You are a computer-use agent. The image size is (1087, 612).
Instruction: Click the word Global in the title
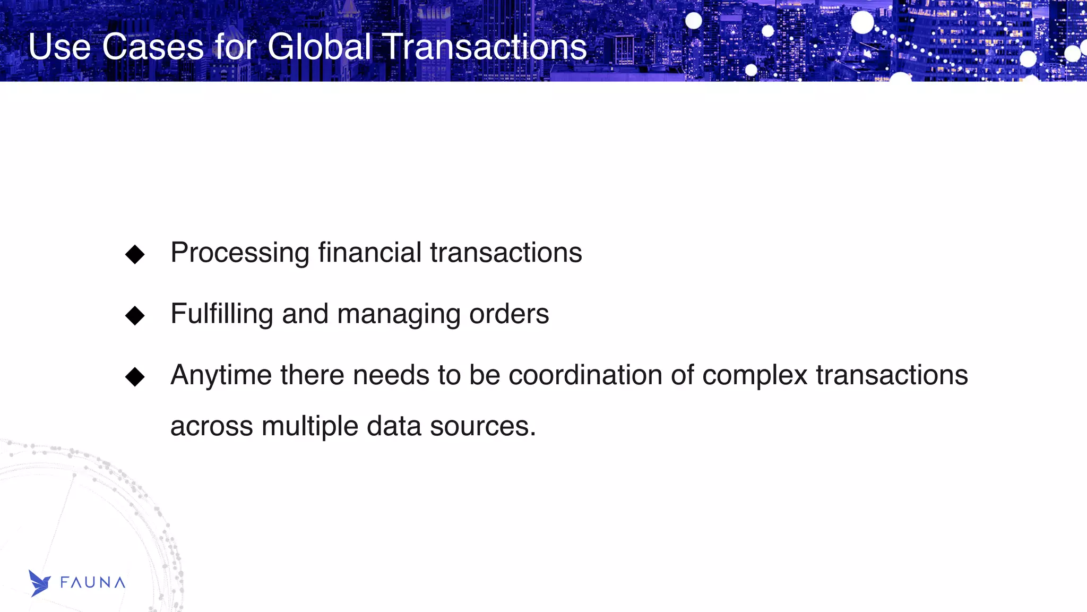319,47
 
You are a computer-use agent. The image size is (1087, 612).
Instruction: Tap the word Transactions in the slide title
484,47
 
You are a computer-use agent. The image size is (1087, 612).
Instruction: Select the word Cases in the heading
153,47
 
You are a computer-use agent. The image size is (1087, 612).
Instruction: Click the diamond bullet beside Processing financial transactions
135,254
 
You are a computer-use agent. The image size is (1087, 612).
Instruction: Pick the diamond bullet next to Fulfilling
135,315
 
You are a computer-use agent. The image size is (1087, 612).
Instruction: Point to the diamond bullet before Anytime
135,377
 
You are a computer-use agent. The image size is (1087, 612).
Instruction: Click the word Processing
240,253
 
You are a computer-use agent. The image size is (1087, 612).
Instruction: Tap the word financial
370,252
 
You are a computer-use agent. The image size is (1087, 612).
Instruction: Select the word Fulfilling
222,314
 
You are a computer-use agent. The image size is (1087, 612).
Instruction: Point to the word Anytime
221,375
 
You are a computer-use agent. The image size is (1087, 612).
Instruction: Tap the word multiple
310,426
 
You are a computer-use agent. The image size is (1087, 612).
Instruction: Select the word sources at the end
482,426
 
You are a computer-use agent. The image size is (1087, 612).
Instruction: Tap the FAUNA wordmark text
93,583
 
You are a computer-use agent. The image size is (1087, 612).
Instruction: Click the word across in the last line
212,426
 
